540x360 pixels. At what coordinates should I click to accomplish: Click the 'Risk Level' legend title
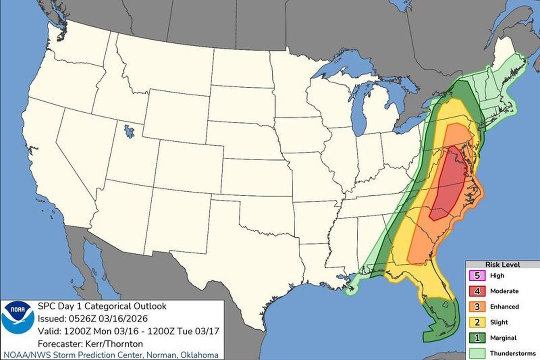pyautogui.click(x=502, y=264)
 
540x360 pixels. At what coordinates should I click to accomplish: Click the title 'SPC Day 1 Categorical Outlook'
pyautogui.click(x=102, y=306)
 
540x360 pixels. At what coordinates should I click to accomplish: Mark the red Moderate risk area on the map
pyautogui.click(x=448, y=184)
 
